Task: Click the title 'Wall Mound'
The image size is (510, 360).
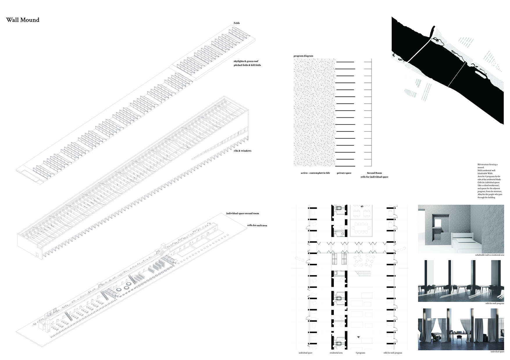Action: [23, 20]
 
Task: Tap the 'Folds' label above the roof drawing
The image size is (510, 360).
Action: [237, 23]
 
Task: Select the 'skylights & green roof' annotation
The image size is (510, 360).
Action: [246, 61]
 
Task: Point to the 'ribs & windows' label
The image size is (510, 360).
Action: [242, 151]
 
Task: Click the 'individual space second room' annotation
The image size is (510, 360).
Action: [242, 214]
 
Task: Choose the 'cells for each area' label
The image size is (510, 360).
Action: [257, 225]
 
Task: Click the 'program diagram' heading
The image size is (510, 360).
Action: [303, 56]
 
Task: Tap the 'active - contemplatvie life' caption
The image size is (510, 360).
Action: [315, 173]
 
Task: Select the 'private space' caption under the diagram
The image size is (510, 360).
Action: [344, 173]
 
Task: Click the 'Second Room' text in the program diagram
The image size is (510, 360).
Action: [374, 173]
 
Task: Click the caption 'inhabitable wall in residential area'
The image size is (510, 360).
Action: [490, 255]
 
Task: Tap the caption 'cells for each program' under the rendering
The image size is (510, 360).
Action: [495, 303]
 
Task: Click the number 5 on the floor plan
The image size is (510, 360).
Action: [362, 206]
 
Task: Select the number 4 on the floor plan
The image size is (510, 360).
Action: [359, 337]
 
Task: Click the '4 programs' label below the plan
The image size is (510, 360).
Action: [360, 353]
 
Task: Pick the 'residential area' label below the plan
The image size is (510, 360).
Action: [336, 353]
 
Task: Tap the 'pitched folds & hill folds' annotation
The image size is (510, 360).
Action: [247, 65]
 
